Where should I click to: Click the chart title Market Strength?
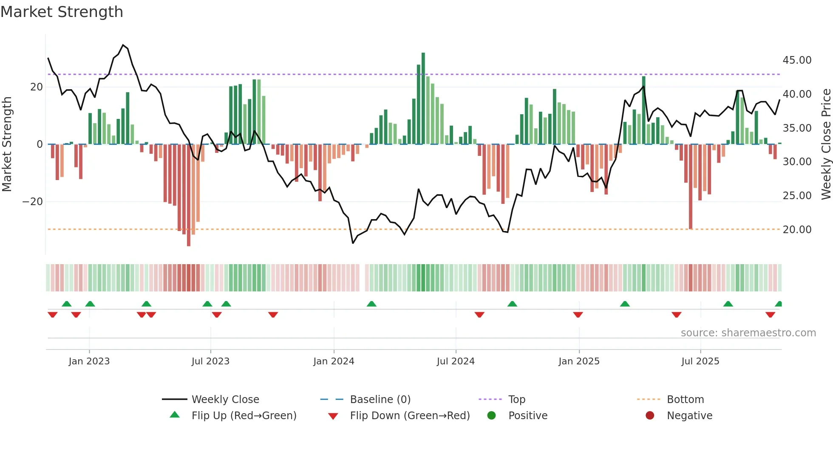pos(62,12)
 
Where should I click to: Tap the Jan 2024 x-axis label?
pos(334,361)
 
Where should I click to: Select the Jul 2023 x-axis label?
pos(210,361)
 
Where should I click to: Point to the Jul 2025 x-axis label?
pos(700,361)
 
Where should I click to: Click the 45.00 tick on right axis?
pos(797,60)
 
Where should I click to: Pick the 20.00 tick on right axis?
pos(797,230)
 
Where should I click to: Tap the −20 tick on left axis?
pos(33,202)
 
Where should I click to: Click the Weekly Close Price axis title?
pos(826,144)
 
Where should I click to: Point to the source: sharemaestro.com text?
pos(748,333)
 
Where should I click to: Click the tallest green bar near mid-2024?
pos(423,98)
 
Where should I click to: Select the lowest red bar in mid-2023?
pos(189,195)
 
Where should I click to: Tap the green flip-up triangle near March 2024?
pos(371,304)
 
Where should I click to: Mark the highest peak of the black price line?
pos(123,45)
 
